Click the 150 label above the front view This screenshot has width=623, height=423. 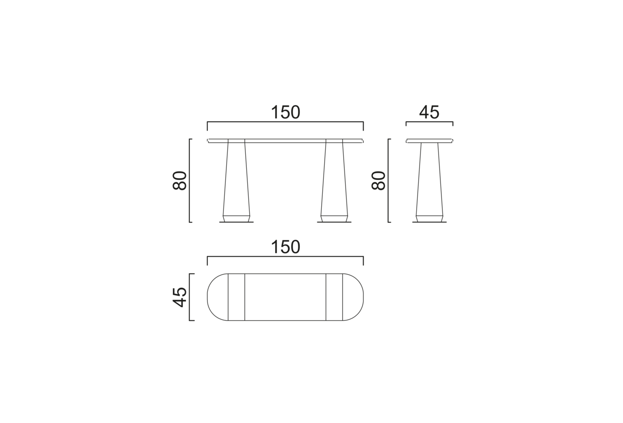[x=285, y=112]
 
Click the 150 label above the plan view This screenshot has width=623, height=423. [x=285, y=247]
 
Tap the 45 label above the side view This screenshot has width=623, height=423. [x=429, y=112]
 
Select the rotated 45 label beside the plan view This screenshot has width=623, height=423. [x=180, y=297]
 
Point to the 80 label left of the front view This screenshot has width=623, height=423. [x=180, y=181]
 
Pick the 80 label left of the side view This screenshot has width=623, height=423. [x=378, y=181]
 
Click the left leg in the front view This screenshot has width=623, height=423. [x=237, y=180]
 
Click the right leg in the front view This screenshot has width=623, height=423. [x=334, y=180]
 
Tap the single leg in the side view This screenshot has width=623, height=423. [x=429, y=180]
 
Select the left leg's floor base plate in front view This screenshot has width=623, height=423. [x=237, y=222]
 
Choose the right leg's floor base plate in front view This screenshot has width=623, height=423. [x=334, y=222]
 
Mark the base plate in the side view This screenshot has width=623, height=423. [x=429, y=222]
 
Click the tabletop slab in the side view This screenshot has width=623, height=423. [x=429, y=141]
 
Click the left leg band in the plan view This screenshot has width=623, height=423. [x=237, y=297]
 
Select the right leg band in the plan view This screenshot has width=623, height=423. [x=334, y=297]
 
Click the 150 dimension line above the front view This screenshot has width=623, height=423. [x=285, y=122]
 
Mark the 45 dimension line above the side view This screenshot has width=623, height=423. [x=429, y=122]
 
